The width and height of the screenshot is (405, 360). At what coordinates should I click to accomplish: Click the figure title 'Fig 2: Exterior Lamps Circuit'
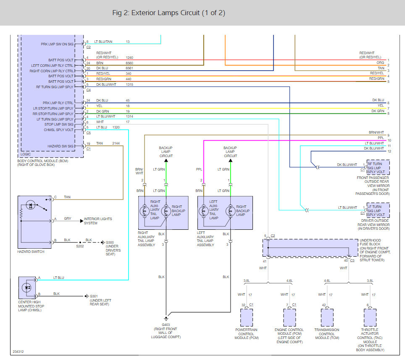coord(156,13)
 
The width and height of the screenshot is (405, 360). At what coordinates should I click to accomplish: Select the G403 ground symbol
coord(166,319)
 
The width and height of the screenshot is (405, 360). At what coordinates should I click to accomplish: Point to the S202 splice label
coord(80,246)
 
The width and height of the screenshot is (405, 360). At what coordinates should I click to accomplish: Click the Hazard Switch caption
coord(31,252)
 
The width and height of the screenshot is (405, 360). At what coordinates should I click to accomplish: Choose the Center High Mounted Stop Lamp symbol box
coord(27,288)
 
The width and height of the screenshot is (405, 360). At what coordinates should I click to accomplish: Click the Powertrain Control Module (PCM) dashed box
coord(247,318)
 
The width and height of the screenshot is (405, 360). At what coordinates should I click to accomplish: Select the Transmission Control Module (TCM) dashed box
coord(327,318)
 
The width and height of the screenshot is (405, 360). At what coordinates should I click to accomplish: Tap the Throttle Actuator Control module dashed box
coord(370,318)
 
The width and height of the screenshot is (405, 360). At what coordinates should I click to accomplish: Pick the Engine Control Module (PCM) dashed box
coord(289,318)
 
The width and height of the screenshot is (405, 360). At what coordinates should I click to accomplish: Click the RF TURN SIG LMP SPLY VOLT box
coord(378,168)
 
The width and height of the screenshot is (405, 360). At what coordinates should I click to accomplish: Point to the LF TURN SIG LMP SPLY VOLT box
coord(378,210)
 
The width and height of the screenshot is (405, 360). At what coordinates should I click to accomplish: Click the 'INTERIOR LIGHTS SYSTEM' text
coord(98,221)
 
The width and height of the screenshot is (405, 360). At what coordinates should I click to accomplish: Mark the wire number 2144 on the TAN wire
coord(116,143)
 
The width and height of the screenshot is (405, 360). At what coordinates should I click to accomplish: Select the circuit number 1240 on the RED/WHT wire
coord(129,58)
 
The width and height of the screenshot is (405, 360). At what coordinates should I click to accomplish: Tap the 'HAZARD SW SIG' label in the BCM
coord(60,146)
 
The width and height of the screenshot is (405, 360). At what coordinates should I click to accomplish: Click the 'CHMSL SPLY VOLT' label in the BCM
coord(59,130)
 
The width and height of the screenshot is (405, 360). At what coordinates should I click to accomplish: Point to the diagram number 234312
coord(18,352)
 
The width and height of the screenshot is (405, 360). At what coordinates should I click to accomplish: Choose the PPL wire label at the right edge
coord(381,138)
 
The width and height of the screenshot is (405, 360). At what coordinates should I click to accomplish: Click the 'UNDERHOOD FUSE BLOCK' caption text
coord(370,242)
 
